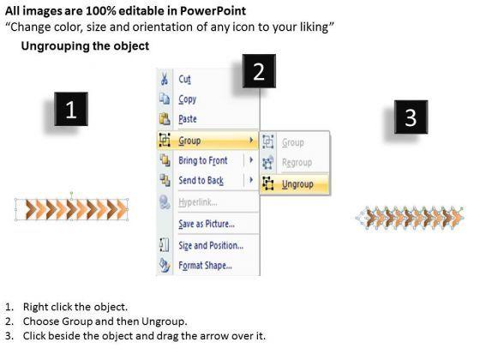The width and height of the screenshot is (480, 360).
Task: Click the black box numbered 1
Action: click(x=71, y=109)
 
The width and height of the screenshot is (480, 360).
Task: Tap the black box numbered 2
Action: click(x=259, y=71)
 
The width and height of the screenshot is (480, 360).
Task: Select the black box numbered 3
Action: click(x=411, y=117)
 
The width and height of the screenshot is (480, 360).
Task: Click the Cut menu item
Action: click(x=184, y=79)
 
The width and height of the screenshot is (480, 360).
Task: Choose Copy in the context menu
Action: click(x=188, y=99)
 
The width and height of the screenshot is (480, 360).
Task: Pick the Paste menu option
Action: click(x=188, y=119)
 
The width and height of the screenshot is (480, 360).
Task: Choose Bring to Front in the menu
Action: click(x=202, y=160)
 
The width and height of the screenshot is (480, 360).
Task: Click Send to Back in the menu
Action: click(x=201, y=180)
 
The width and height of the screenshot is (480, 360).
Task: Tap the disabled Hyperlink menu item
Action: click(x=198, y=202)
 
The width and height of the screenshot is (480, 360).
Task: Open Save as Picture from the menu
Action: click(x=207, y=224)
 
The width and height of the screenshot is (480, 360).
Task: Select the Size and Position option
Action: click(x=211, y=245)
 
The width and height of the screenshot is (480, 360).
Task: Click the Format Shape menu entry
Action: click(x=205, y=265)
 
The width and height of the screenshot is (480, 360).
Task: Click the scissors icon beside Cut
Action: click(x=165, y=79)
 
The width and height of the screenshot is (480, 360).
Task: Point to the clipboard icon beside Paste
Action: click(x=165, y=119)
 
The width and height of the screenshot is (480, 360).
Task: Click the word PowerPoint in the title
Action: click(x=213, y=11)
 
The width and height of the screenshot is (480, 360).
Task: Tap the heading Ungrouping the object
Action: click(x=85, y=46)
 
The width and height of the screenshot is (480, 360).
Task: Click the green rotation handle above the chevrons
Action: click(x=71, y=193)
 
